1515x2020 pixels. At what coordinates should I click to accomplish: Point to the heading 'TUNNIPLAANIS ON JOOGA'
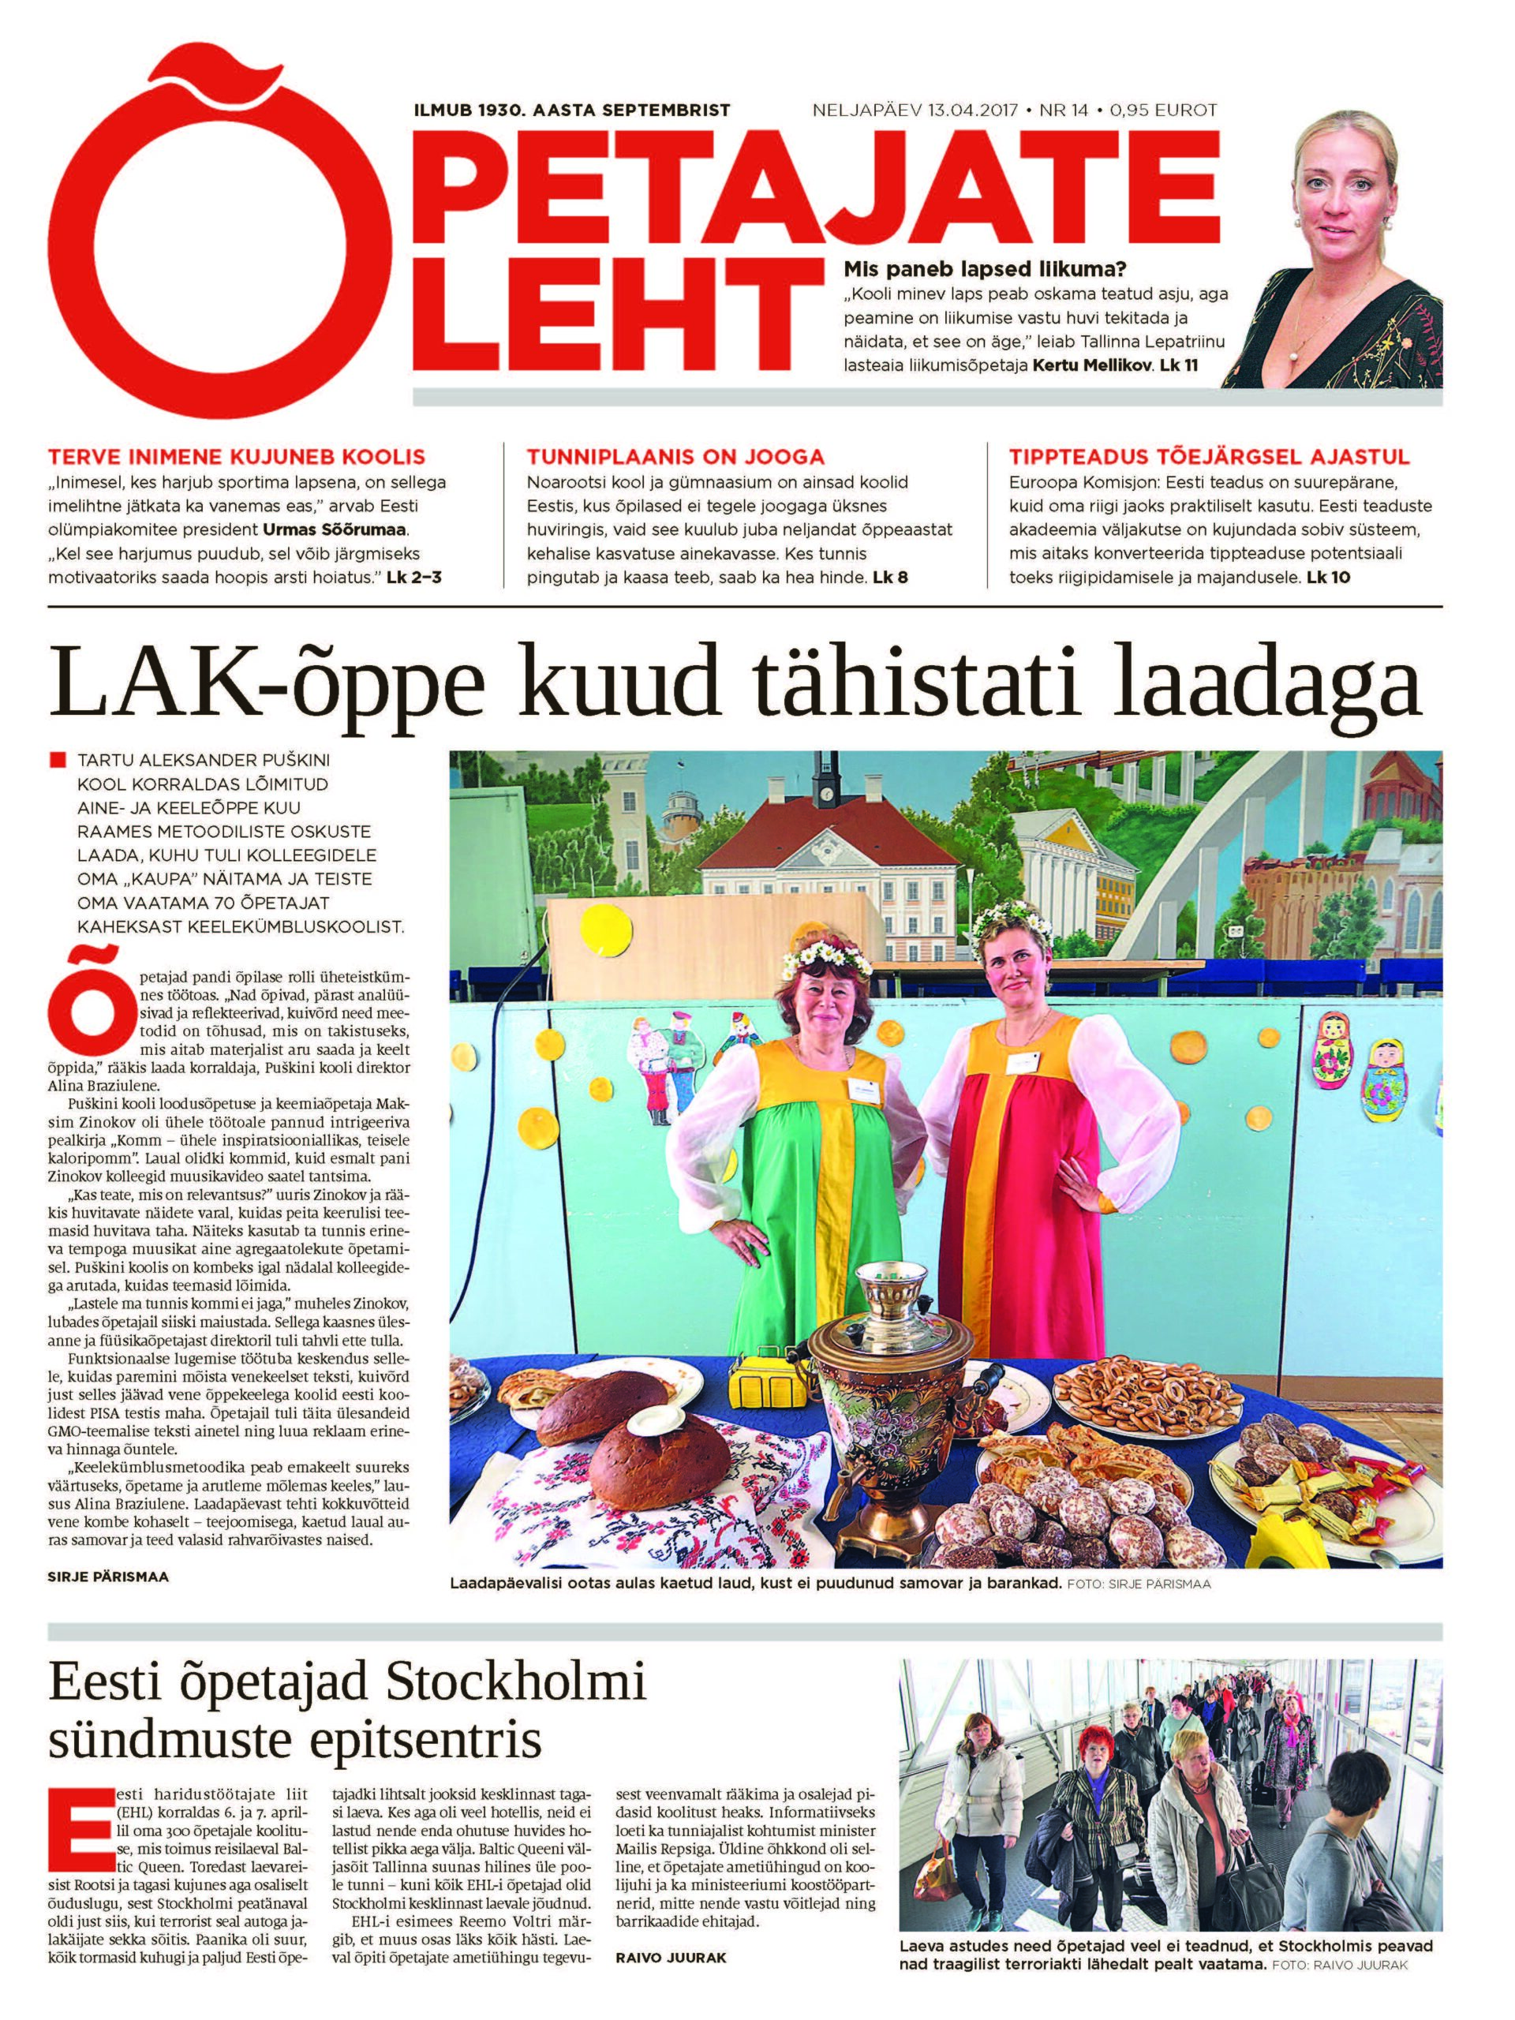675,457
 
